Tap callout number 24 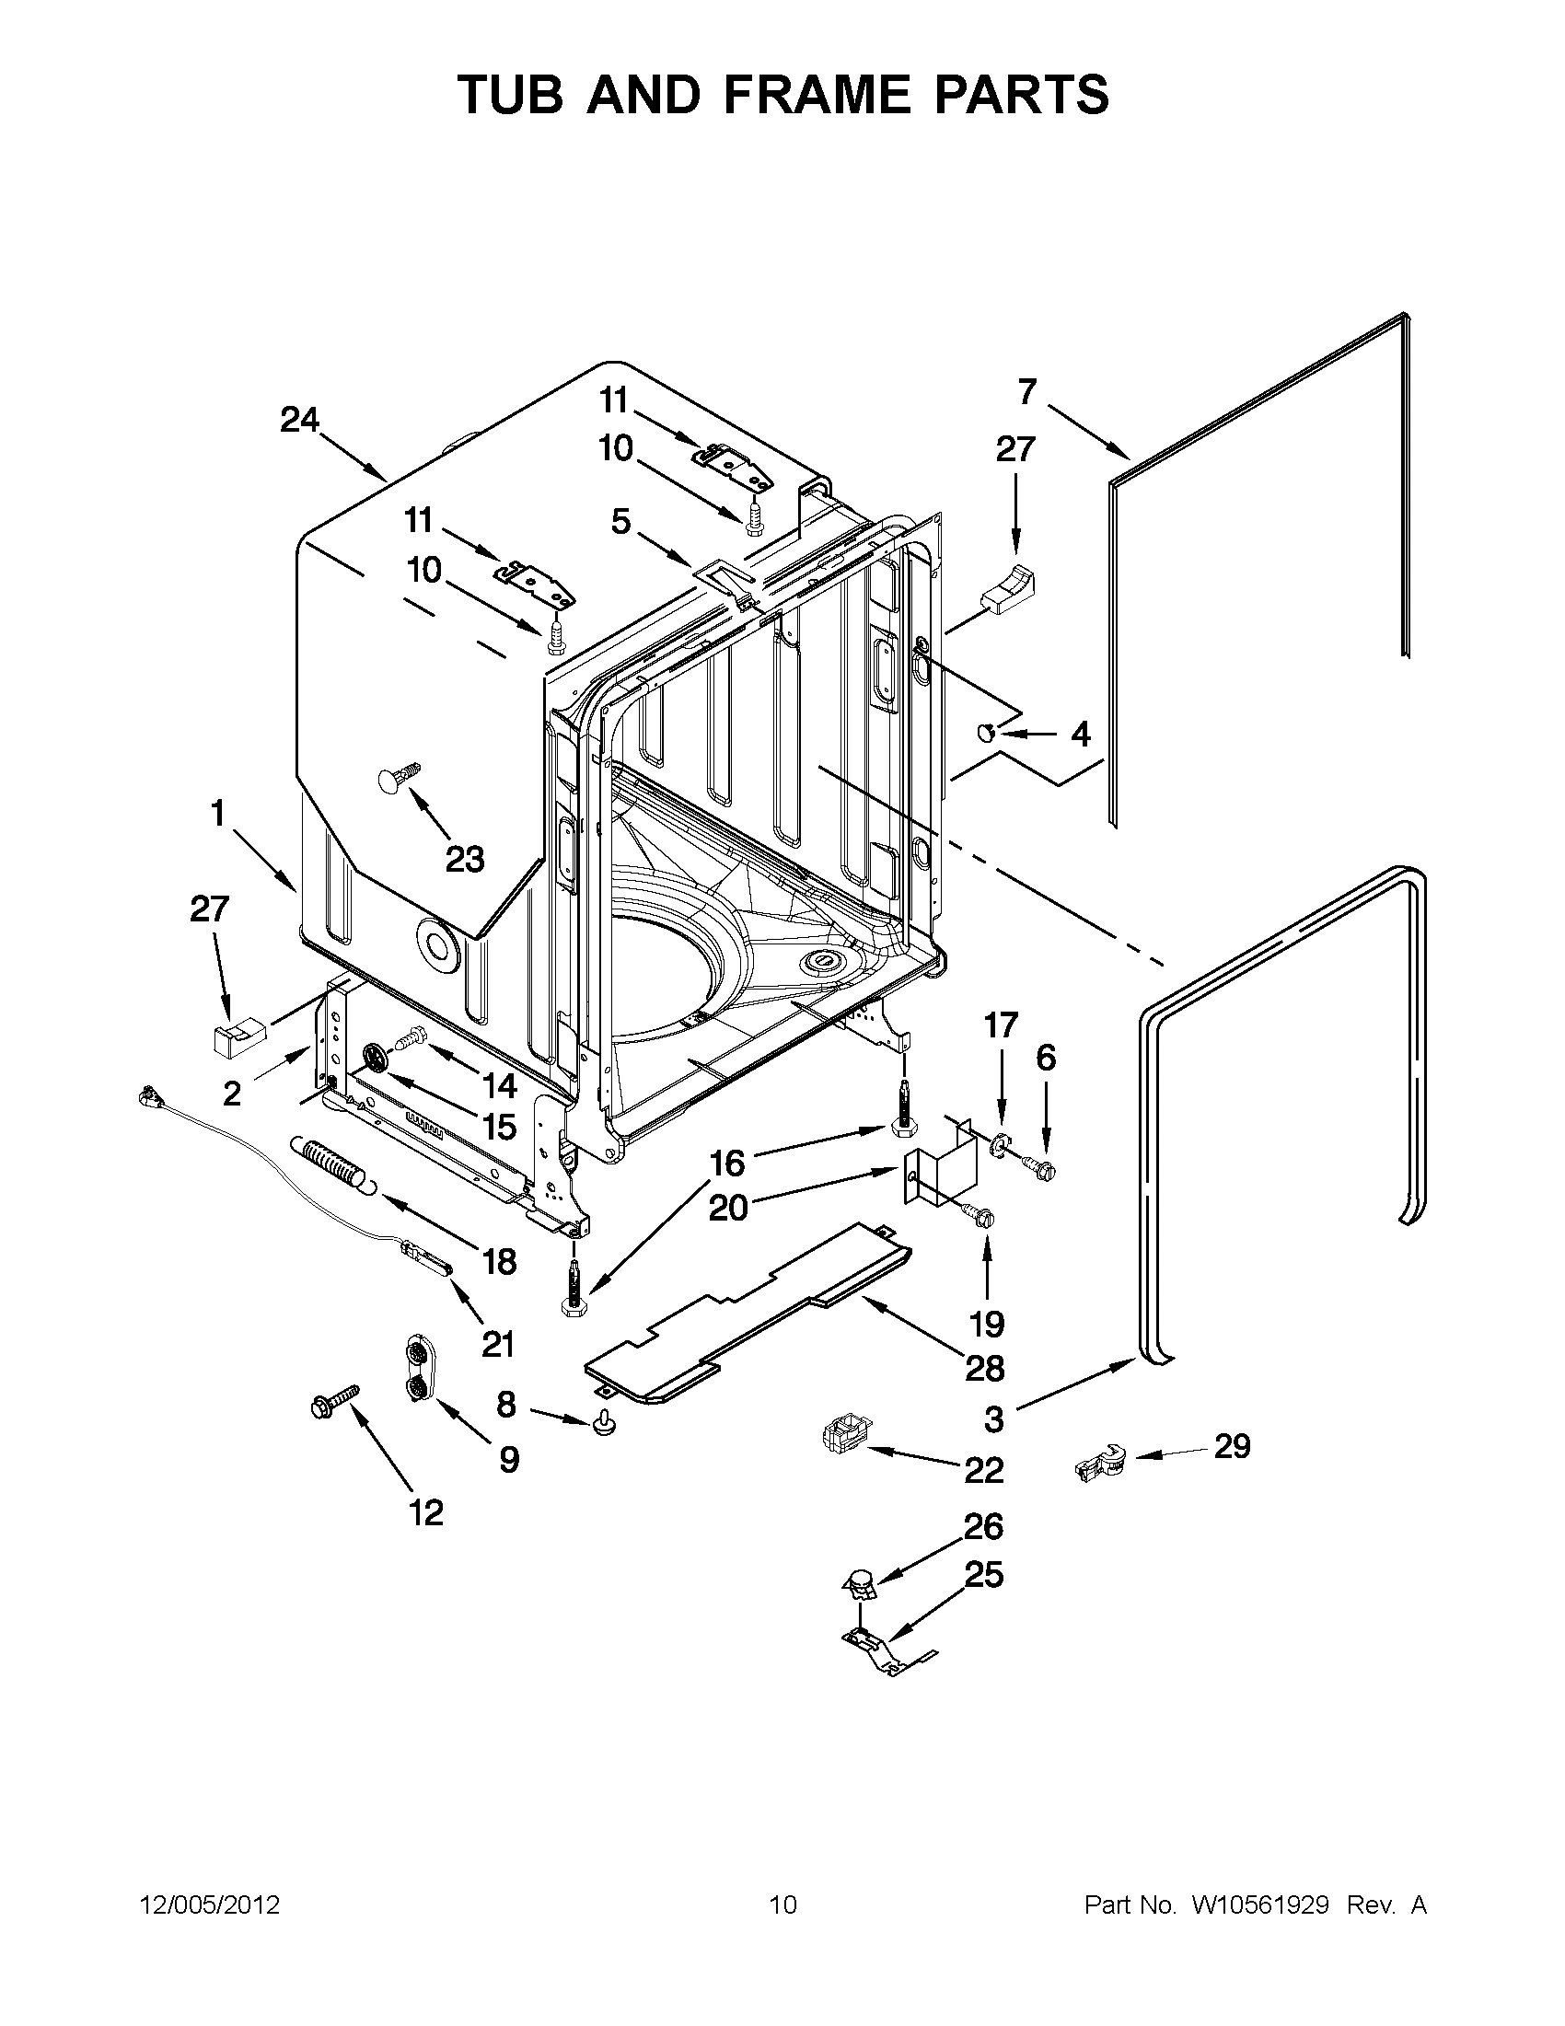[299, 421]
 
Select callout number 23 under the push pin [465, 859]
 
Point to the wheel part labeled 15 [375, 1059]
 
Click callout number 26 [984, 1526]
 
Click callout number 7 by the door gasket [1026, 392]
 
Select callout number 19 [987, 1324]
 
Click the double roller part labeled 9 [419, 1375]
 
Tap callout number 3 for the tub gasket [993, 1418]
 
